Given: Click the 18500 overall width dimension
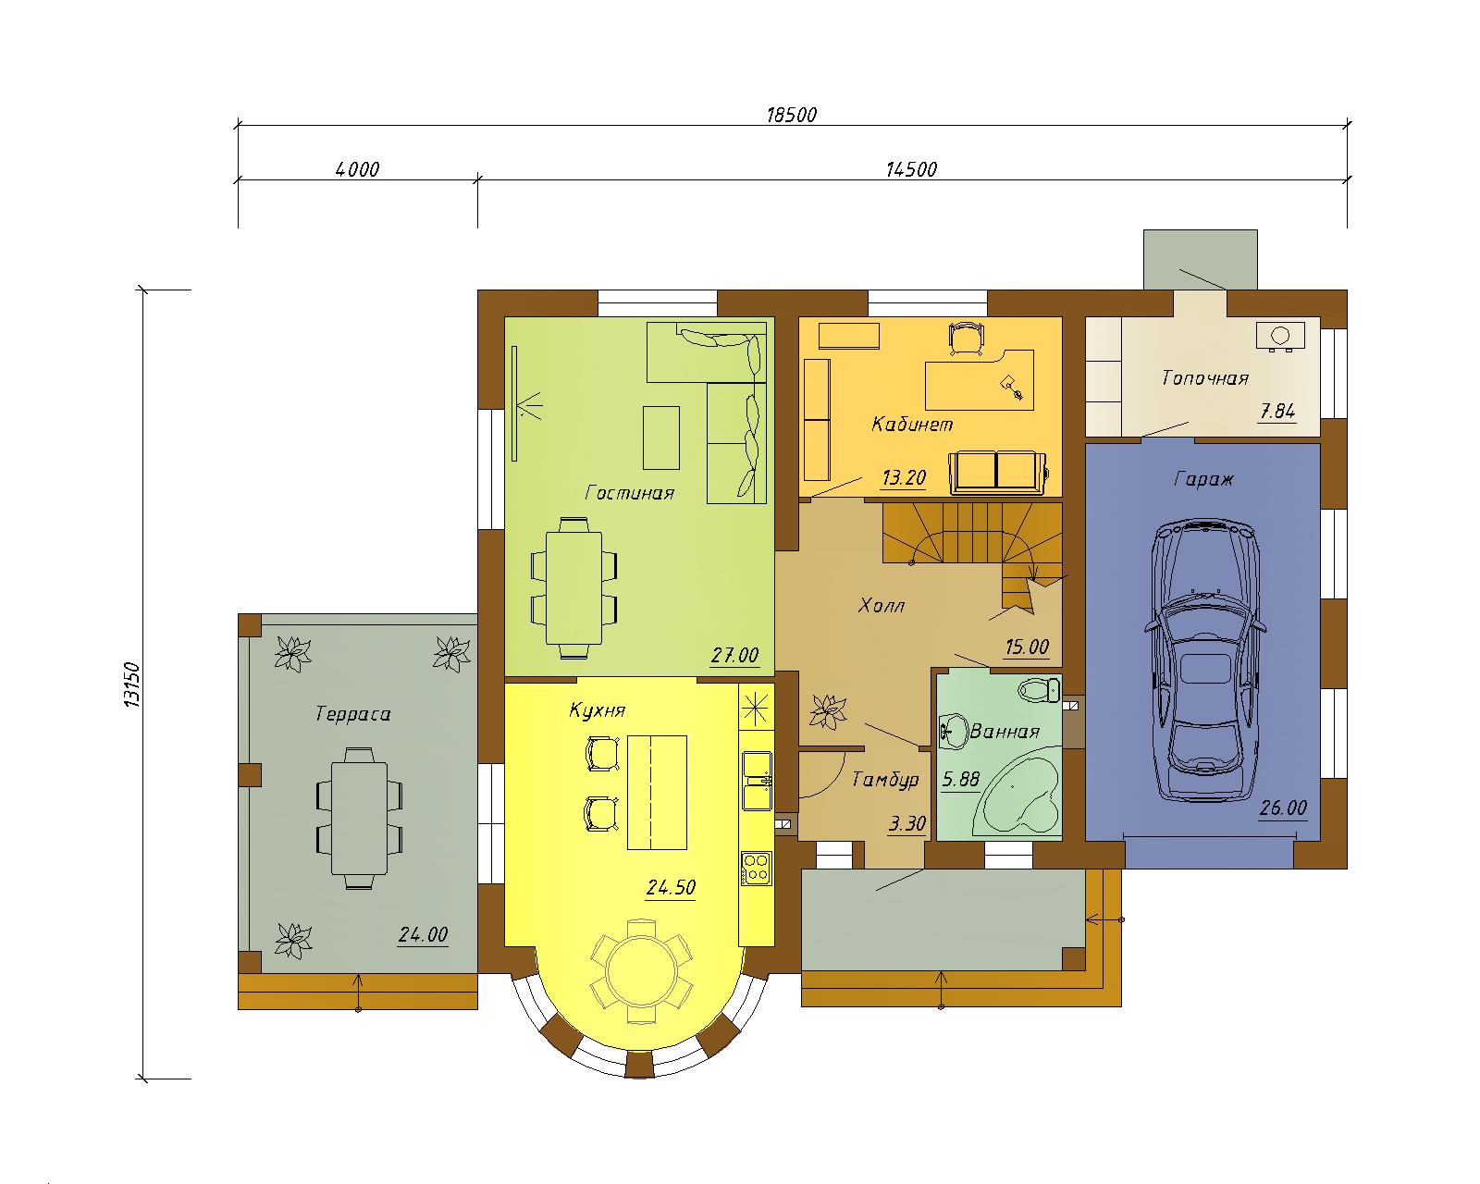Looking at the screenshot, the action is [792, 114].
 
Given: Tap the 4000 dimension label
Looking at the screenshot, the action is [357, 169].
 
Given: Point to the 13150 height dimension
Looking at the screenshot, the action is [131, 684].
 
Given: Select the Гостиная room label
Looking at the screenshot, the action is [629, 493].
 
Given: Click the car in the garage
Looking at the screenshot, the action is [1205, 660].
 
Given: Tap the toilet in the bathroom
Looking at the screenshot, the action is [1039, 689].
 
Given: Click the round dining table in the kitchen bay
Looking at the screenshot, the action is [641, 971].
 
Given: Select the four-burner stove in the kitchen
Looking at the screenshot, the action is [757, 869].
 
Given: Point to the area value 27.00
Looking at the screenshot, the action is [734, 655].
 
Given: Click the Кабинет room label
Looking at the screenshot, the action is [912, 424].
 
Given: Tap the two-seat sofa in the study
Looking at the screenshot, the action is [997, 472].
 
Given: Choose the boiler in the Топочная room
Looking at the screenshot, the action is [1280, 337].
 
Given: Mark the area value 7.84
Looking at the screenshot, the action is [1277, 412].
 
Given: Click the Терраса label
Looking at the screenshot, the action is [352, 713].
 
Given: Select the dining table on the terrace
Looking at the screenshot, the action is [359, 818].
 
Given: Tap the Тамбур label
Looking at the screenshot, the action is [885, 779].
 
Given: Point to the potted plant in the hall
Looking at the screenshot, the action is [828, 711].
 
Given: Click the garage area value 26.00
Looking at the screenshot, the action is [1283, 808].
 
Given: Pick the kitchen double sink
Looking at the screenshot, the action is [757, 781].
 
